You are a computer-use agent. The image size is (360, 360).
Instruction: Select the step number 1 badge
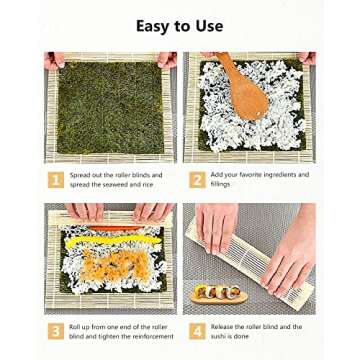pos(54,179)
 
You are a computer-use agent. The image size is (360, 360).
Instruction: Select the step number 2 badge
pos(197,179)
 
